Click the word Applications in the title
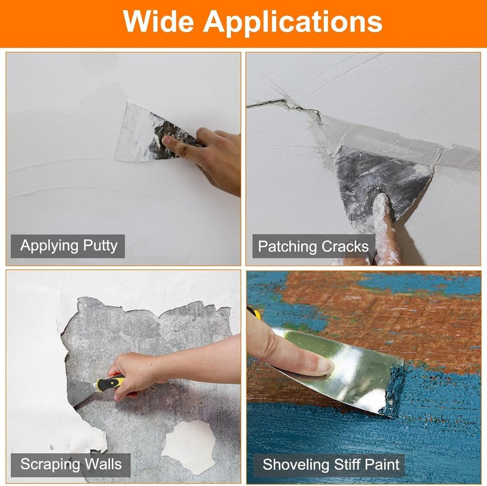tap(293, 23)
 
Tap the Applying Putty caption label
tap(68, 246)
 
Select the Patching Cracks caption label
tap(314, 247)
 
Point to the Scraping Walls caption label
tap(71, 465)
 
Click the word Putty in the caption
tap(100, 247)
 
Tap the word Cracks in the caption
tap(345, 247)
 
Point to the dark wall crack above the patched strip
tap(286, 105)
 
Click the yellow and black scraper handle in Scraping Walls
tap(112, 384)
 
